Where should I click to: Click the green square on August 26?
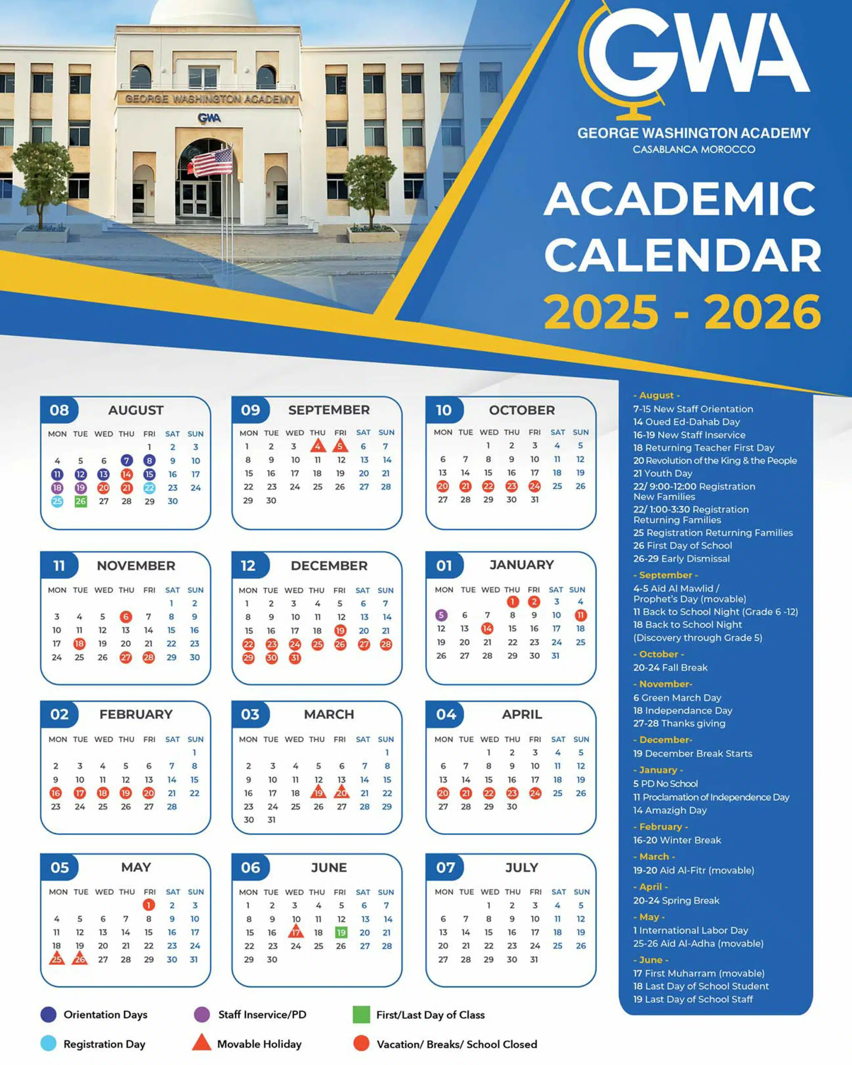81,501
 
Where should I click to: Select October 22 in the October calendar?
488,486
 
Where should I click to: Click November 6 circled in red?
126,617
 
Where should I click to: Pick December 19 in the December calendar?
340,630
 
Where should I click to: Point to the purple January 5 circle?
441,615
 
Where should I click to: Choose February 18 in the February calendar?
103,793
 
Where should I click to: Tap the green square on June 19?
341,932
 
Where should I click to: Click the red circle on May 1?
149,905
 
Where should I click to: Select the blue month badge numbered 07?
446,867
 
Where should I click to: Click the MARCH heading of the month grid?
329,714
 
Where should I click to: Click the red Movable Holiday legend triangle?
201,1043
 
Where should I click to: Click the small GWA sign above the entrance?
209,118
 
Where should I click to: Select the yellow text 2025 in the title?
601,312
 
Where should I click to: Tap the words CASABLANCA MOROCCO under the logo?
694,149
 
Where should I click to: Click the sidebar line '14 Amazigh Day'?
670,810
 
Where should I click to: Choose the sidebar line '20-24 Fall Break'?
670,667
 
